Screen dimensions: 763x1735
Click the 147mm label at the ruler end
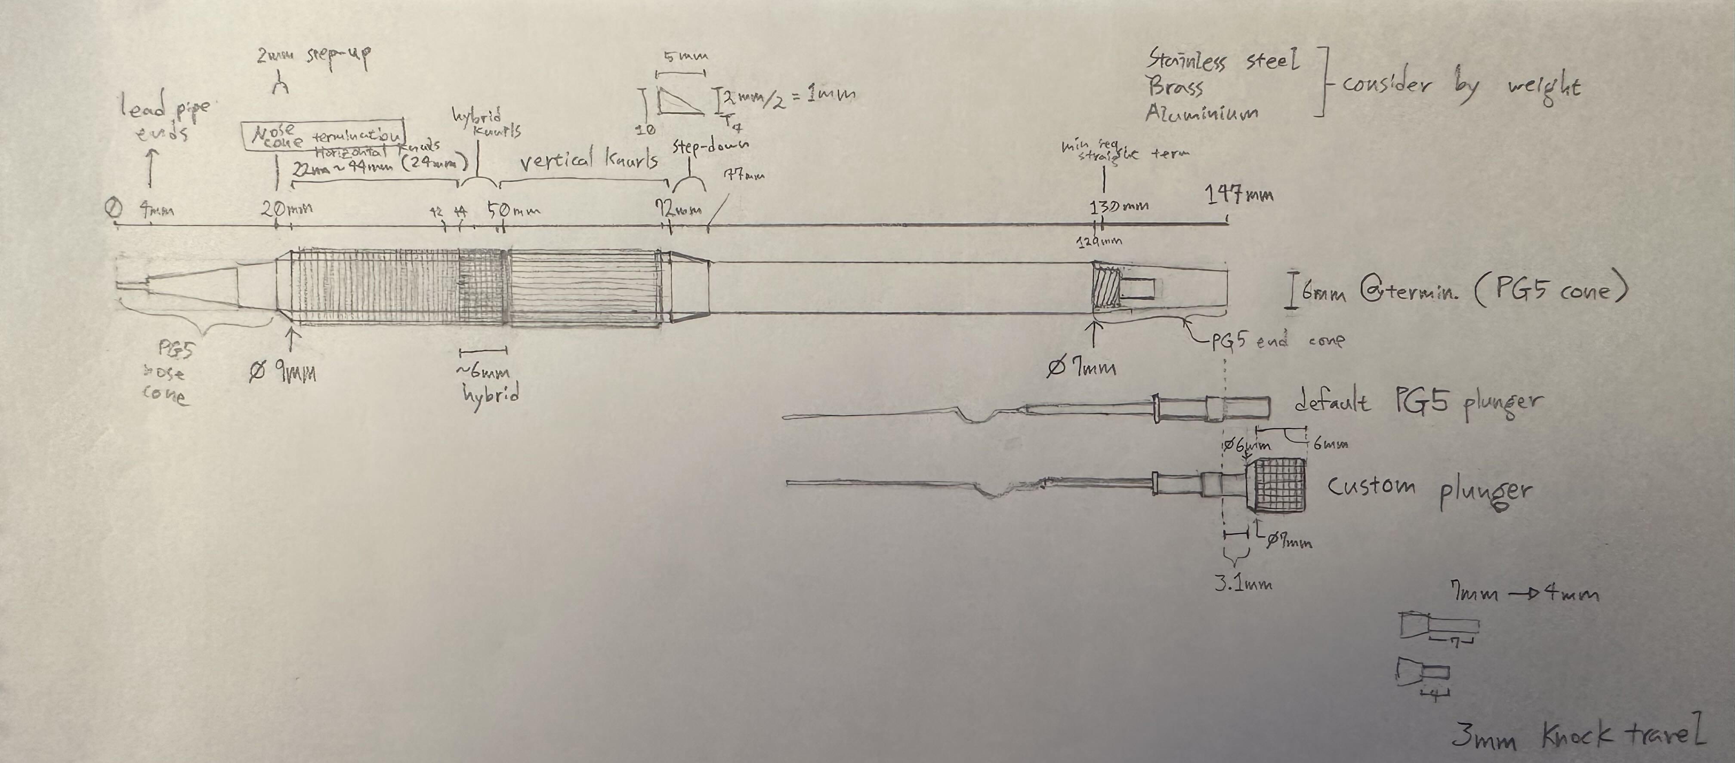(1238, 195)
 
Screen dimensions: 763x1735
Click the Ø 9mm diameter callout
(283, 371)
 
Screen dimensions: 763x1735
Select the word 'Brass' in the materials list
(1175, 86)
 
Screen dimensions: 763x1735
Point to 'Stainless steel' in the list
(1222, 61)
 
